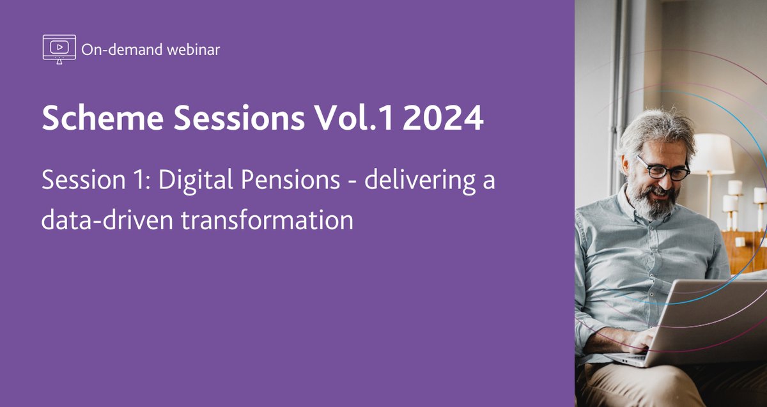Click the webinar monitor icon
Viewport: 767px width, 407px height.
click(x=59, y=49)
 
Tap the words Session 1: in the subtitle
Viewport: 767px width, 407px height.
click(x=95, y=181)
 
